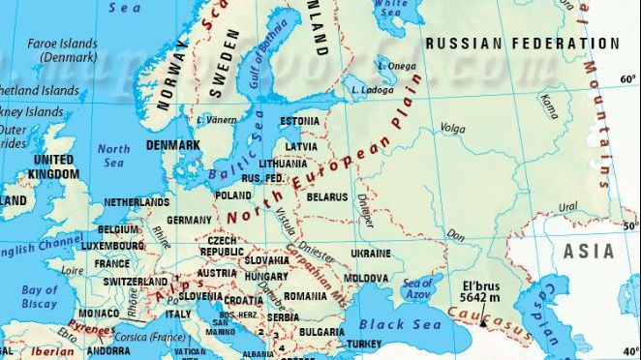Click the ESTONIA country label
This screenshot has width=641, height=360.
click(298, 121)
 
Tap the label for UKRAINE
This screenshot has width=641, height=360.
click(370, 253)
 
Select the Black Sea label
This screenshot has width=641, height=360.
click(399, 325)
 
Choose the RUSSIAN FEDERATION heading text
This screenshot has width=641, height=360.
click(522, 44)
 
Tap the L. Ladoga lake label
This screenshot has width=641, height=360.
click(373, 90)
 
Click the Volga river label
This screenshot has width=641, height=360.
click(453, 127)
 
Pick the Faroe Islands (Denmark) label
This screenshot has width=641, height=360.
click(63, 50)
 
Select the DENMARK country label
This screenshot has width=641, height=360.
click(172, 145)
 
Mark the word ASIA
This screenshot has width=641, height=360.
click(589, 252)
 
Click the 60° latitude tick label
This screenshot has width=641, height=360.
click(628, 78)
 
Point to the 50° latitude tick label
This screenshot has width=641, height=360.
click(628, 225)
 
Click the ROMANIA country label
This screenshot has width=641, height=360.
click(306, 294)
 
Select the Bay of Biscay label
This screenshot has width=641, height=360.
click(40, 296)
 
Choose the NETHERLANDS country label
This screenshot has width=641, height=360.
click(137, 202)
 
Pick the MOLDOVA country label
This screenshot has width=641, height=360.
click(366, 278)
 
